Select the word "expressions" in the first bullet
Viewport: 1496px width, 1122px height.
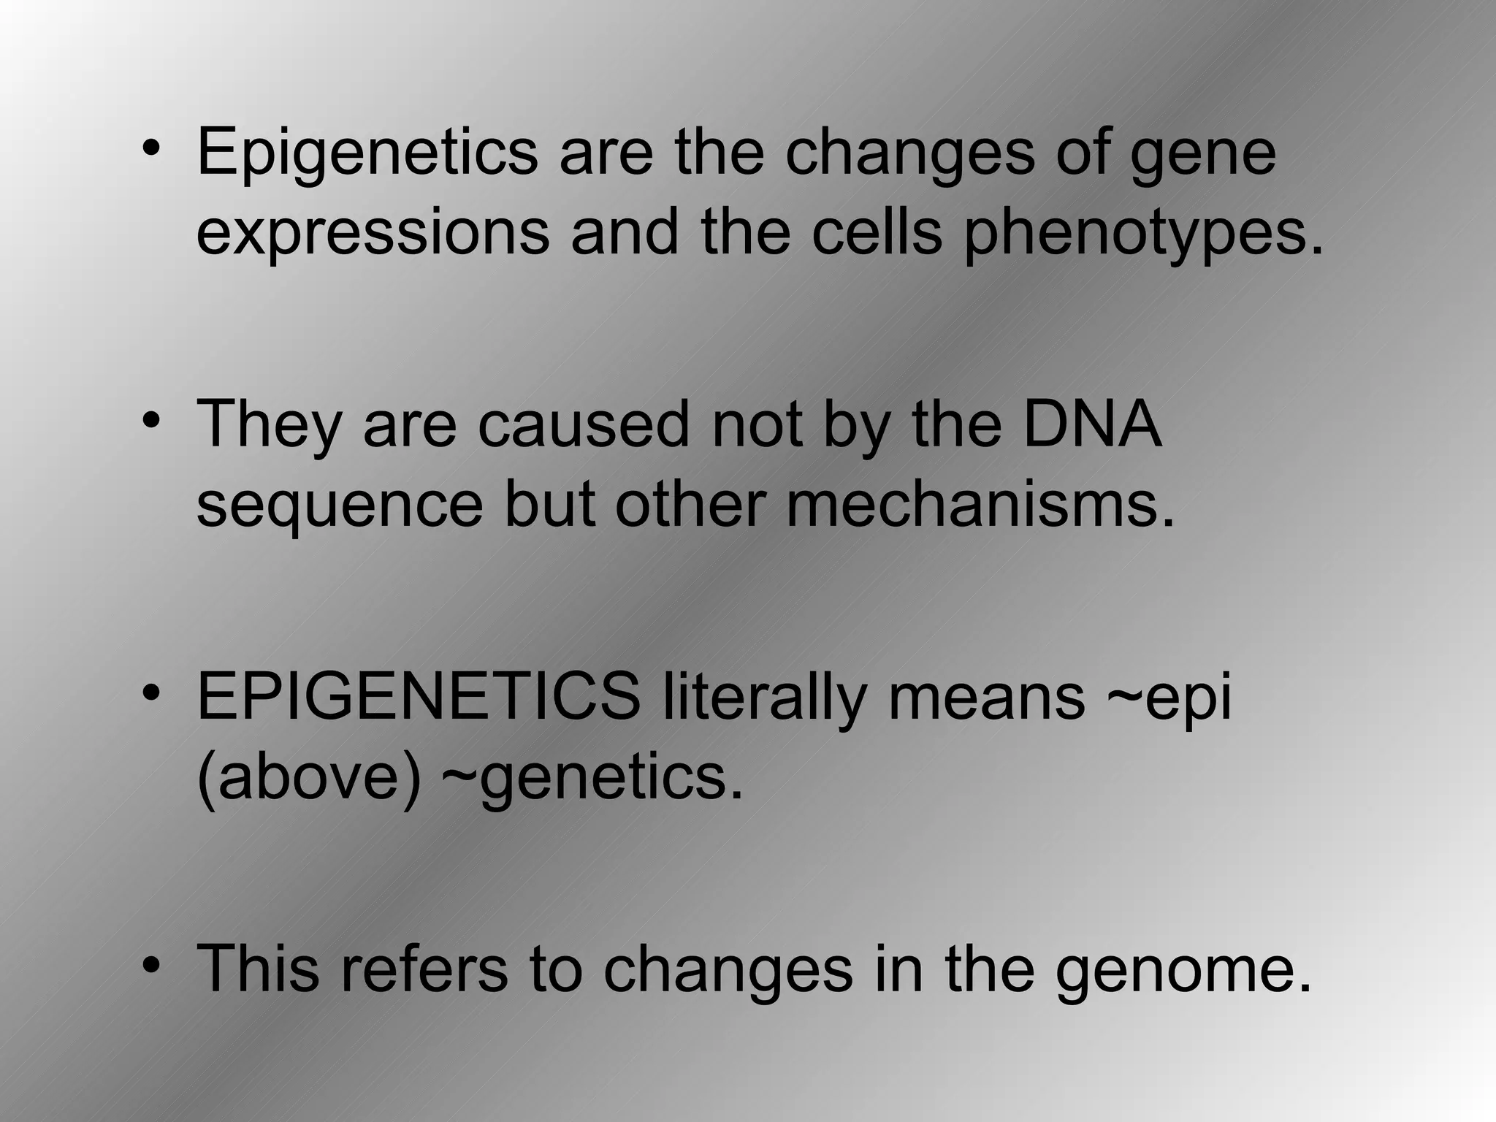[373, 232]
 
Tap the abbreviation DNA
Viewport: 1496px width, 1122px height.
[1091, 424]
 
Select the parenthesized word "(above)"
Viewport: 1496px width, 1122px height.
[309, 778]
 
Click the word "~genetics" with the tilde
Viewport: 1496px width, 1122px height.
[592, 778]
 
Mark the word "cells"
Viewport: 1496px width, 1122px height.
[877, 232]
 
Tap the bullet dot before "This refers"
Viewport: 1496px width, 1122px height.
[151, 966]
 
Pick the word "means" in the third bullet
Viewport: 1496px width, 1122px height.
[987, 698]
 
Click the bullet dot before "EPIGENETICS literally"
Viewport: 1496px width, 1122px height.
[151, 693]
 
